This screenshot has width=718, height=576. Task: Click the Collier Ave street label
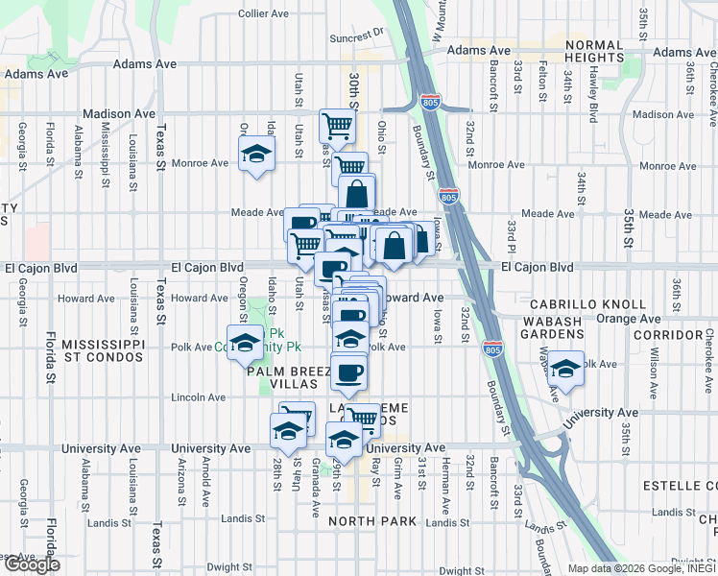pyautogui.click(x=263, y=14)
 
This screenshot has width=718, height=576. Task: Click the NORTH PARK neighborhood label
pyautogui.click(x=371, y=521)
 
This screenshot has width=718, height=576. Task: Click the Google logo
pyautogui.click(x=31, y=564)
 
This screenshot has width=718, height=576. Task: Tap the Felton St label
pyautogui.click(x=542, y=84)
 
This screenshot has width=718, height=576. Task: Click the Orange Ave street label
pyautogui.click(x=625, y=317)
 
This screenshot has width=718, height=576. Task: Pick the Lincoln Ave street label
pyautogui.click(x=198, y=396)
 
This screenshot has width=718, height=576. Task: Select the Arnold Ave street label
pyautogui.click(x=204, y=482)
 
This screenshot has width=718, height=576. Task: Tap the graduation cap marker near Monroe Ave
pyautogui.click(x=256, y=154)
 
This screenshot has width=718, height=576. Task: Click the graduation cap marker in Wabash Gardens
pyautogui.click(x=566, y=370)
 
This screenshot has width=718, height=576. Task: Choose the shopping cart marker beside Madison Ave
pyautogui.click(x=337, y=125)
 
